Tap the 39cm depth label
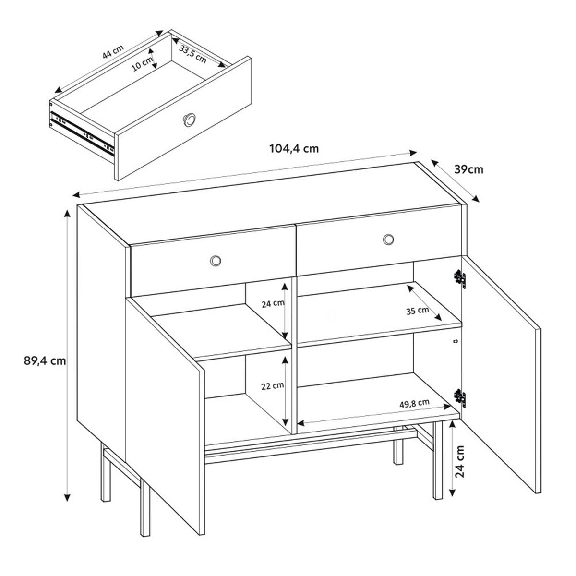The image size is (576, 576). [x=468, y=169]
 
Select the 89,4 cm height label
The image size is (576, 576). [x=44, y=360]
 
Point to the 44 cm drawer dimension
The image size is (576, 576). [x=113, y=52]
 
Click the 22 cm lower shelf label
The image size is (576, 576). [x=272, y=385]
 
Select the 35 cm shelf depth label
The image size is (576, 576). [x=417, y=310]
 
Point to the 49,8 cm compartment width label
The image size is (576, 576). [x=414, y=403]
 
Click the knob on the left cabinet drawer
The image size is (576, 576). [x=216, y=260]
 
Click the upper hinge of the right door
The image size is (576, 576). [x=460, y=278]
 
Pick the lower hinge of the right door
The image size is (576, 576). [x=460, y=396]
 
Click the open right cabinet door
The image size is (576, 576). [x=499, y=374]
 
